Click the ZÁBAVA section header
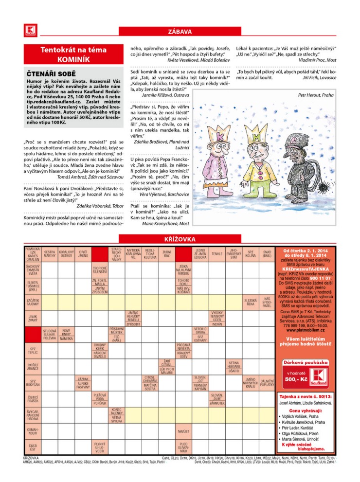click(x=180, y=32)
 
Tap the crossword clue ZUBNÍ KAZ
click(x=166, y=254)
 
